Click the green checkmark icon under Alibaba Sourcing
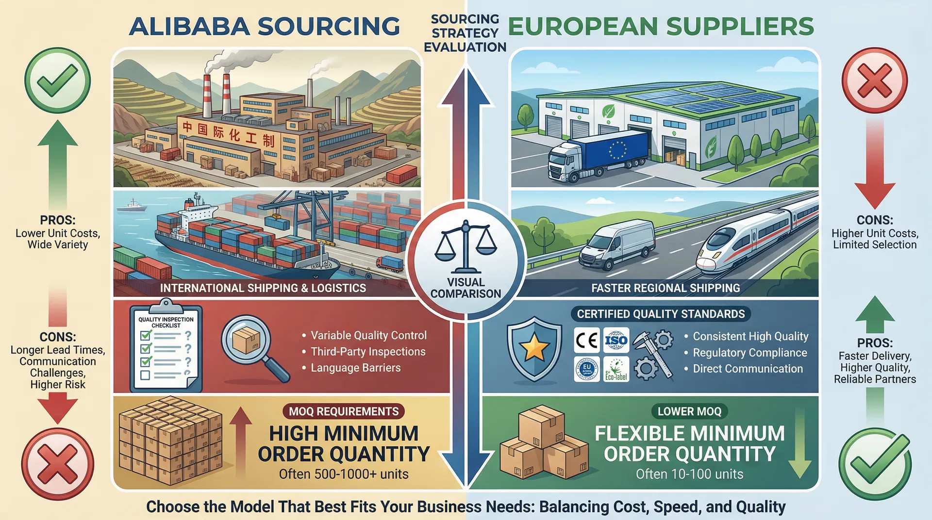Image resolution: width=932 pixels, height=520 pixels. click(x=57, y=81)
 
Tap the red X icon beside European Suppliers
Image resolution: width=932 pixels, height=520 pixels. click(x=875, y=81)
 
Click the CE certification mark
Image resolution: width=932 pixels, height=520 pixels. click(x=586, y=341)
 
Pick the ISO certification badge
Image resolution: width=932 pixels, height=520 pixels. click(x=616, y=341)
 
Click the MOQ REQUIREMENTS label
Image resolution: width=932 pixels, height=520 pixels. click(x=344, y=411)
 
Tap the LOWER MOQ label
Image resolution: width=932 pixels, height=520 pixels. click(x=689, y=411)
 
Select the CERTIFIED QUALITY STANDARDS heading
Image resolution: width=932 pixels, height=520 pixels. click(x=661, y=314)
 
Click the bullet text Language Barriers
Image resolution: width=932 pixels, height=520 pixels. click(x=355, y=368)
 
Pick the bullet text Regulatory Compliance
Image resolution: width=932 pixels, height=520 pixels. click(x=749, y=353)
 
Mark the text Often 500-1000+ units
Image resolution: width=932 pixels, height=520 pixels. click(x=344, y=474)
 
